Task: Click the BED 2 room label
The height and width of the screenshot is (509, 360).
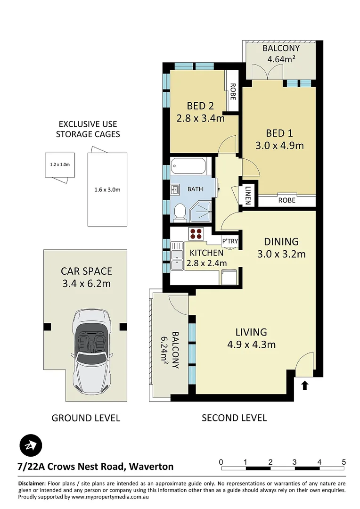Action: pos(200,106)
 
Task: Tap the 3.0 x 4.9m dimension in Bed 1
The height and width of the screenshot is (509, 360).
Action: pos(279,145)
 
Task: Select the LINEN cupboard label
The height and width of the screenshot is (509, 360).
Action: pos(248,196)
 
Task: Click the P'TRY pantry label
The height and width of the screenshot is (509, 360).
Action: pos(230,241)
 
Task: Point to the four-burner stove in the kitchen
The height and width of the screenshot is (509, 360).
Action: pos(196,234)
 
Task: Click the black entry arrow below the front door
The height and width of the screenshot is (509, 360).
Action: pos(304,386)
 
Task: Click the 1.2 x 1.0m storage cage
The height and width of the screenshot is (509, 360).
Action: pos(60,165)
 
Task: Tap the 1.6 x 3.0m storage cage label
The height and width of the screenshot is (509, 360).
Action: pos(107,189)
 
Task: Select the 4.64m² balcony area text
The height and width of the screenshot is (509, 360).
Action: pos(281,59)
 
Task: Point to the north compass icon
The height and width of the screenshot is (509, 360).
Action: pos(31,445)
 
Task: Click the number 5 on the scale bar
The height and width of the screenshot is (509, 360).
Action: pos(344,462)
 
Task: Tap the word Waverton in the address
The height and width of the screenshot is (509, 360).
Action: pos(151,467)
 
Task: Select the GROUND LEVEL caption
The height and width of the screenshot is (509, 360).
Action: pos(86,418)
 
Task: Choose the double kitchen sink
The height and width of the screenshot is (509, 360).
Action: pos(177,256)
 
